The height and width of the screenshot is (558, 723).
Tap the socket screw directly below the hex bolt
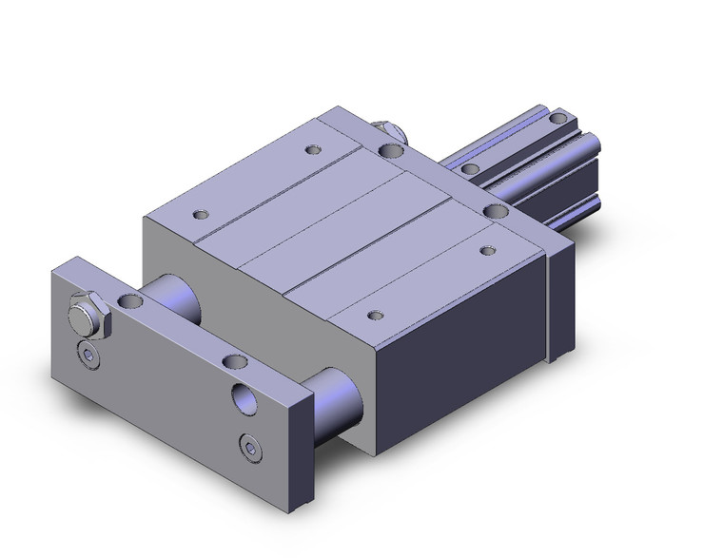pos(88,356)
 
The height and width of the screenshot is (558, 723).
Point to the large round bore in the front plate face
pos(244,396)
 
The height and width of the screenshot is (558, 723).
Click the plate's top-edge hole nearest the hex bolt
pos(130,301)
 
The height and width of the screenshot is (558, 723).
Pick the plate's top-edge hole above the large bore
pos(232,360)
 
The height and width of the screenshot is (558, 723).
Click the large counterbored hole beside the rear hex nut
pos(389,149)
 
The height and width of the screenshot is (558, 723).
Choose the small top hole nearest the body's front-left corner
pos(199,215)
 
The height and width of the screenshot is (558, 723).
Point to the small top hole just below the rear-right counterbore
pos(488,250)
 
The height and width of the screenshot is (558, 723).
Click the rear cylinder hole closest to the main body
pos(470,169)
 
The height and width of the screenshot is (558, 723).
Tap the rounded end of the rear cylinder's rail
pos(597,146)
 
